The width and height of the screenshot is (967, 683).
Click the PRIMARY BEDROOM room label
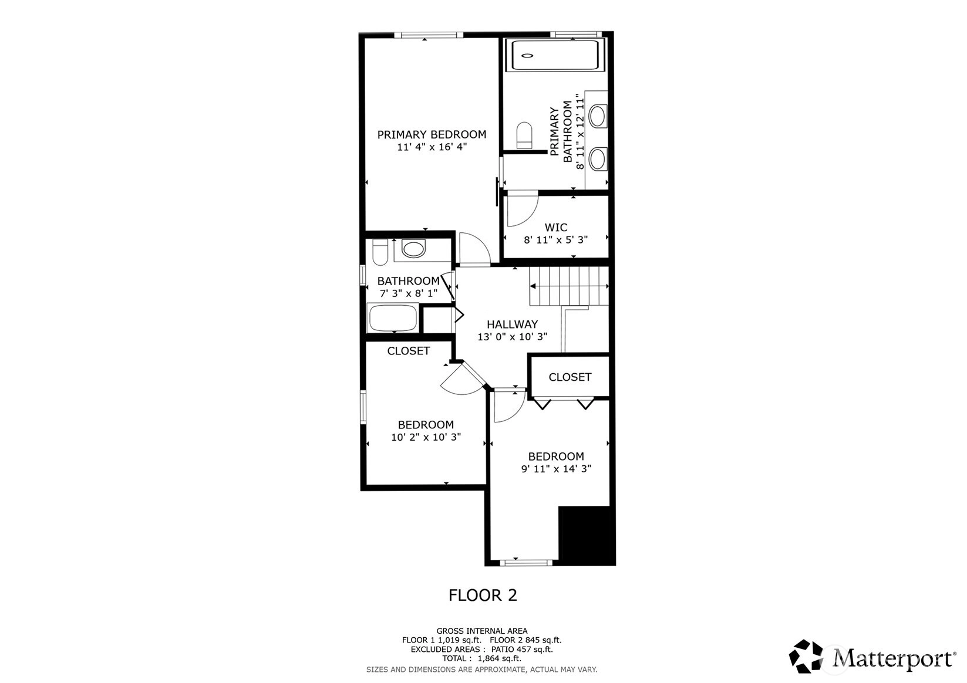tap(432, 134)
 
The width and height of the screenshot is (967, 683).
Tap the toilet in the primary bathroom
tap(524, 134)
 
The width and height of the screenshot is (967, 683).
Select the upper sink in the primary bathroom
tap(598, 116)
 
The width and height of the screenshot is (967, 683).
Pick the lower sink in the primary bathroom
tap(598, 158)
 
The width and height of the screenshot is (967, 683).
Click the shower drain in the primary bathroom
tap(527, 55)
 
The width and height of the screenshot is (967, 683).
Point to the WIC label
tap(556, 228)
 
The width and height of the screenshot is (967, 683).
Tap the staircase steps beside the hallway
tap(569, 286)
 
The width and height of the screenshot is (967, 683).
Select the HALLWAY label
tap(513, 324)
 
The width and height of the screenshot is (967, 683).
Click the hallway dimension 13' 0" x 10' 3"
tap(513, 337)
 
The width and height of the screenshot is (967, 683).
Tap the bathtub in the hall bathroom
tap(393, 318)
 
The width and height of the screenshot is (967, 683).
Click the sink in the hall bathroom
tap(413, 249)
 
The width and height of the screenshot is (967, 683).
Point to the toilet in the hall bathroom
tap(380, 252)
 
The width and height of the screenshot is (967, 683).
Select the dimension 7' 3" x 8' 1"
tap(409, 294)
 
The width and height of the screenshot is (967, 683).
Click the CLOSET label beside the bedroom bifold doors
tap(570, 377)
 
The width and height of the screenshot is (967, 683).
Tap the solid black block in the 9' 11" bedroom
tap(587, 536)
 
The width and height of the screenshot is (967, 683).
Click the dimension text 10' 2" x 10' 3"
tap(426, 437)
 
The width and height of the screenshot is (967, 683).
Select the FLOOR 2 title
tap(483, 596)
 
